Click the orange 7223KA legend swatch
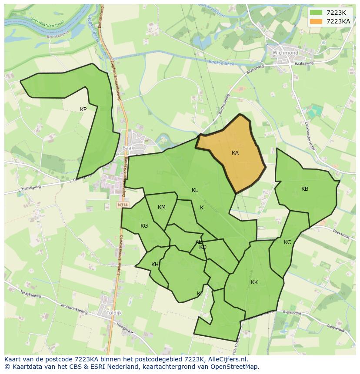(x=316, y=21)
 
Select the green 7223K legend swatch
(x=316, y=13)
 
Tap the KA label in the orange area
(x=235, y=153)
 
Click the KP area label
(x=83, y=109)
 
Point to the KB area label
(x=305, y=189)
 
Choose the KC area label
(x=287, y=242)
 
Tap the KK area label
(x=254, y=282)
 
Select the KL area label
(x=195, y=190)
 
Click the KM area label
(x=162, y=207)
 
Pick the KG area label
(x=144, y=226)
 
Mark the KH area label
(x=155, y=265)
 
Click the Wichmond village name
(x=285, y=53)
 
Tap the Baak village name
(x=128, y=148)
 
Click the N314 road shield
(x=123, y=205)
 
